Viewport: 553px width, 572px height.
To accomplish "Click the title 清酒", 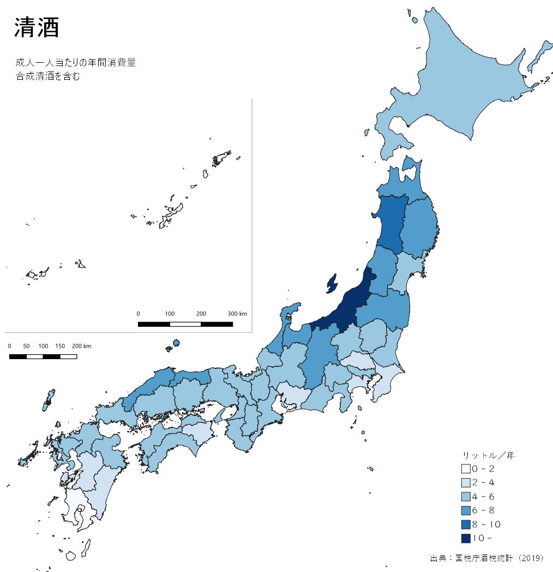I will point(36,28).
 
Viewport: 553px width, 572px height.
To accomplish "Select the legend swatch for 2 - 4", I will point(465,482).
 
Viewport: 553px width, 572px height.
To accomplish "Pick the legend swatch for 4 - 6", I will point(465,497).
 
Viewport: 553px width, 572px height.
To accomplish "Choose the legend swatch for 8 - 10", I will point(465,525).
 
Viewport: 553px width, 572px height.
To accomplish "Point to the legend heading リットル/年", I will point(488,455).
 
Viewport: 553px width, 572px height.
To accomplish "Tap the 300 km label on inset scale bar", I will point(237,314).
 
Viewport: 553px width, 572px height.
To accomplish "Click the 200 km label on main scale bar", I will point(82,347).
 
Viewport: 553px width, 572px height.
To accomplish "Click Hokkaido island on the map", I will point(464,82).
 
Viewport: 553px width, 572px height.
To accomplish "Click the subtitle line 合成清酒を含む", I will point(48,76).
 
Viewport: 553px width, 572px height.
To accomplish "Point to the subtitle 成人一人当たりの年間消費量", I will point(75,62).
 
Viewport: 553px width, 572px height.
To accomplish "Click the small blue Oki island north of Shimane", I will point(176,343).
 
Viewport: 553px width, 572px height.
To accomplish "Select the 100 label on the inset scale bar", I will point(170,314).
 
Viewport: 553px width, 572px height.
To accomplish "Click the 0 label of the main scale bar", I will point(10,347).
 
